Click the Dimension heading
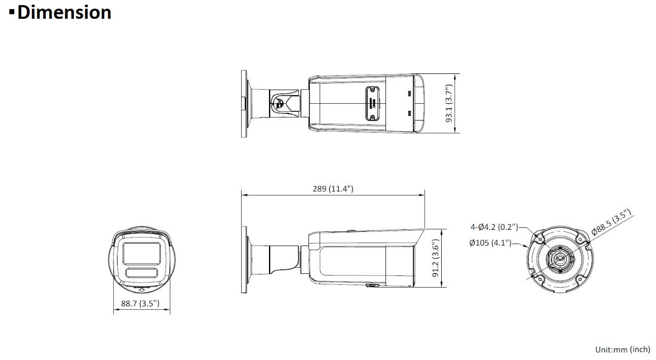64,12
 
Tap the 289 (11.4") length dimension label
333,189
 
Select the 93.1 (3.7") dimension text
449,103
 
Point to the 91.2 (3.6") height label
436,258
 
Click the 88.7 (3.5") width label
140,303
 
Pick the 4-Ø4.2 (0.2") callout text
494,227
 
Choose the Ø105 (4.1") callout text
490,243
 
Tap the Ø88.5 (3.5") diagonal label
611,222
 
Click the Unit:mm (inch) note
623,349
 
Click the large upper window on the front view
141,254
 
